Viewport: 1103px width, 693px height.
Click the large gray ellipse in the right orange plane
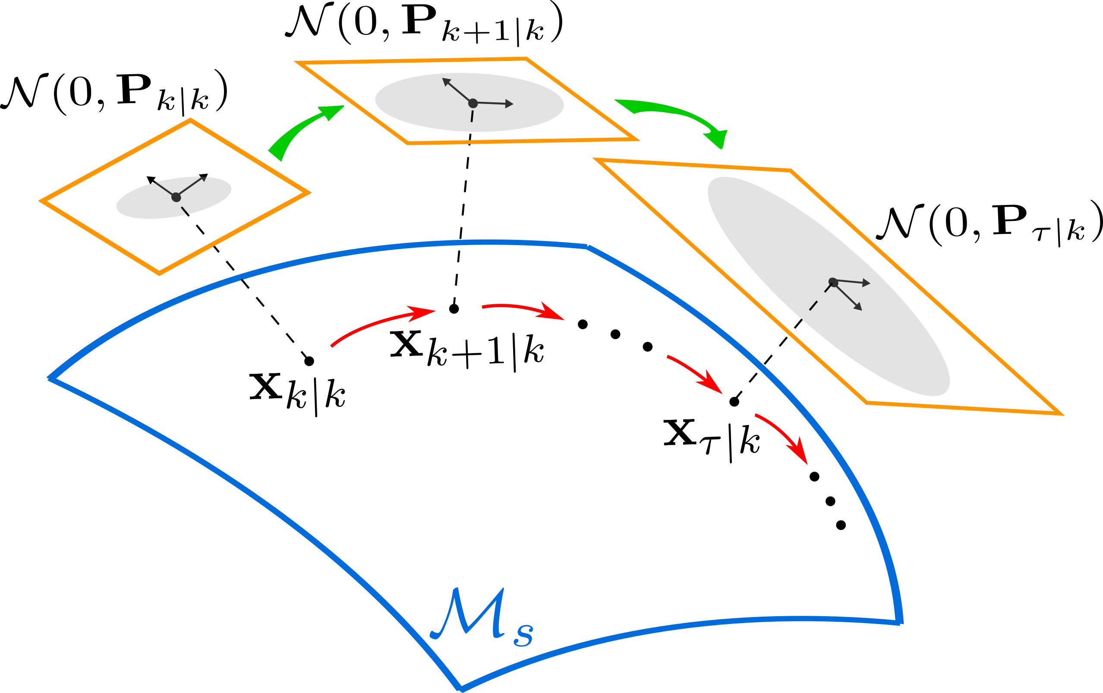(x=829, y=286)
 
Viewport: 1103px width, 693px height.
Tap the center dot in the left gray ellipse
(x=176, y=197)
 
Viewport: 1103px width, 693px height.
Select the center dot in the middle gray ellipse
(x=473, y=104)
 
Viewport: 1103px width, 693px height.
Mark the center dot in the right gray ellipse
(x=833, y=283)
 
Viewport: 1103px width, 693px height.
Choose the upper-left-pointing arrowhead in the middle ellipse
(x=446, y=81)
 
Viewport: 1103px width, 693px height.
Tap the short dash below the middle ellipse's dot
(x=472, y=117)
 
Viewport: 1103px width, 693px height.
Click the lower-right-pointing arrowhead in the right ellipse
(x=858, y=306)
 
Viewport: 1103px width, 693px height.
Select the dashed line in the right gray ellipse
(x=820, y=297)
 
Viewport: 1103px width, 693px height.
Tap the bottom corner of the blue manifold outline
(x=461, y=688)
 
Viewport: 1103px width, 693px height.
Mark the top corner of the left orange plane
(x=190, y=120)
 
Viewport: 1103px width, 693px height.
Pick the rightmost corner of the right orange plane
(x=1061, y=415)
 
